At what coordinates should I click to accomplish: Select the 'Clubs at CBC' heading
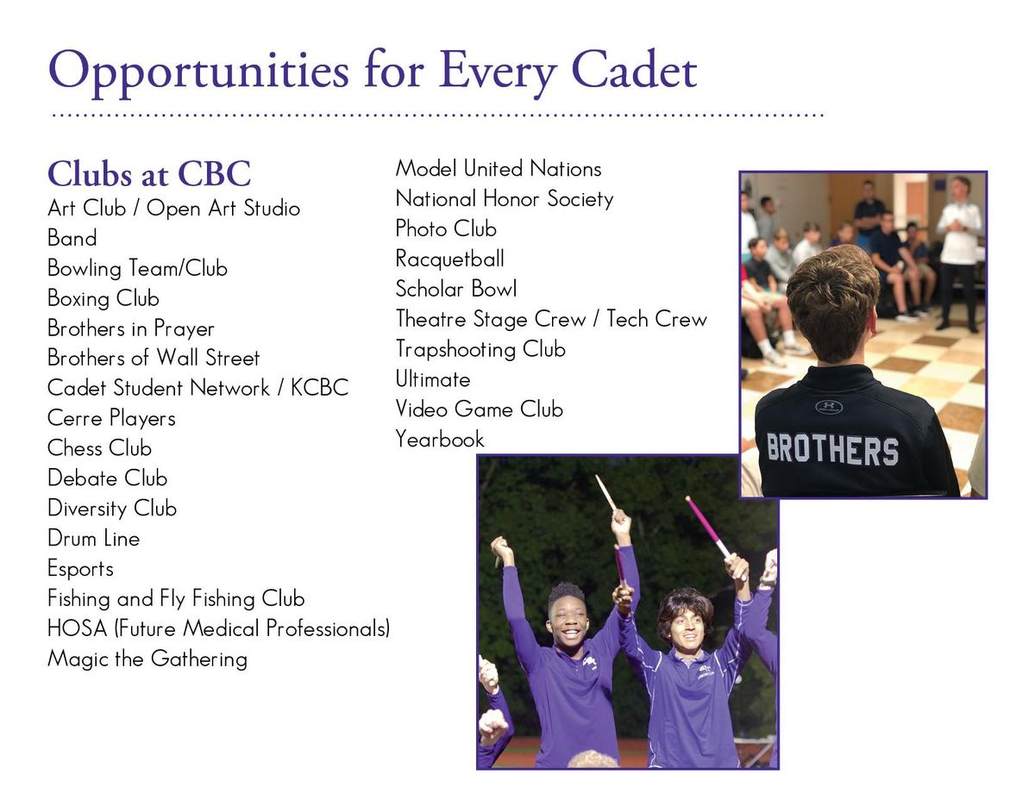(x=148, y=174)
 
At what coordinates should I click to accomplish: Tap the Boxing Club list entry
(x=103, y=299)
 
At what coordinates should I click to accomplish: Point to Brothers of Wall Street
(x=154, y=358)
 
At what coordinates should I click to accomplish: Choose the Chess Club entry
(x=99, y=448)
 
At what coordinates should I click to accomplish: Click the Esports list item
(x=80, y=569)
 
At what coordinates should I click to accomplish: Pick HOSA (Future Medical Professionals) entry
(x=218, y=628)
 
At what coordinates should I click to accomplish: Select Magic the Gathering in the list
(x=147, y=659)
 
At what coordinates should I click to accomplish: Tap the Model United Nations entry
(x=498, y=169)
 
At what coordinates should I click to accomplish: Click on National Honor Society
(x=504, y=199)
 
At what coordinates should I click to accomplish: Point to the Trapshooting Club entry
(x=480, y=349)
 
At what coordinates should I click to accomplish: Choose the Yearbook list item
(x=440, y=440)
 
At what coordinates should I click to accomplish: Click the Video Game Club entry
(x=479, y=409)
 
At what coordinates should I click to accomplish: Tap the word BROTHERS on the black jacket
(x=832, y=450)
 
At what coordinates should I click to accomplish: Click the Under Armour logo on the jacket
(x=828, y=406)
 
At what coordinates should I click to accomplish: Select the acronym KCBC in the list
(x=319, y=388)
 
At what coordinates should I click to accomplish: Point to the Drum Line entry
(x=93, y=539)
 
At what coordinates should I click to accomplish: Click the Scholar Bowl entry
(x=456, y=289)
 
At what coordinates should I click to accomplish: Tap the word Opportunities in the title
(x=202, y=71)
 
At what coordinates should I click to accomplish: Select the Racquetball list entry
(x=449, y=259)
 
